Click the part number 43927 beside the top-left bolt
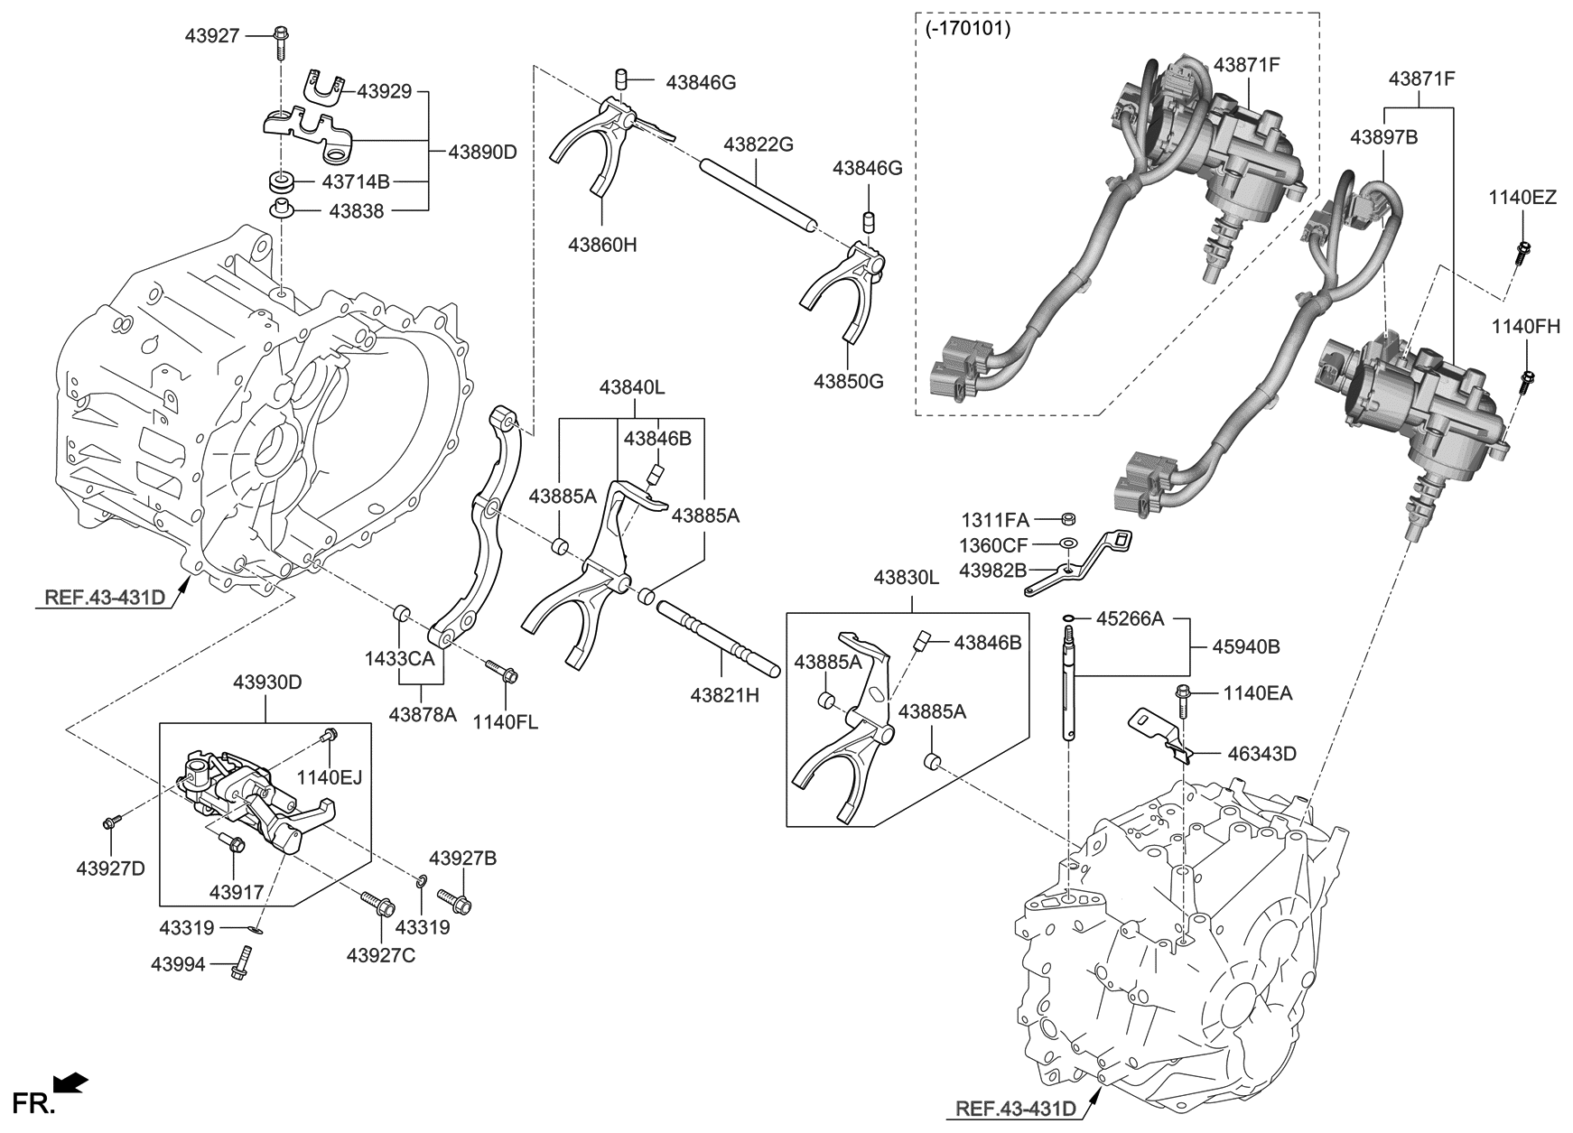coord(212,35)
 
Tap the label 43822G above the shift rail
coord(759,144)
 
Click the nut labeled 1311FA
coord(1067,519)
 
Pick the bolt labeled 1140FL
coord(502,672)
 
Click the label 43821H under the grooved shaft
coord(724,695)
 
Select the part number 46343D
coord(1260,753)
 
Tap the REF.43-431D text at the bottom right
coord(1016,1109)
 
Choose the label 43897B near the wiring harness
coord(1383,137)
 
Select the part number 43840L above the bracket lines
coord(631,387)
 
